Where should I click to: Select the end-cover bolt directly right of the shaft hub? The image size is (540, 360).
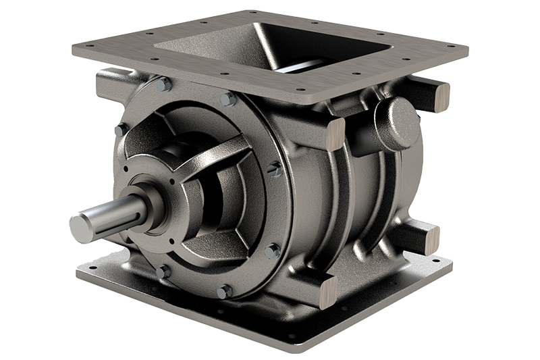[275, 169]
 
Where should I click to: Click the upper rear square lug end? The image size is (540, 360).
[439, 96]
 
